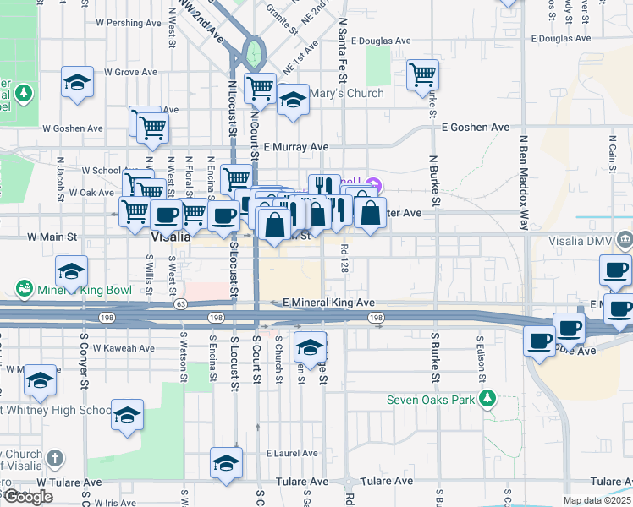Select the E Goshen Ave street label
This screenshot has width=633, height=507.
[476, 127]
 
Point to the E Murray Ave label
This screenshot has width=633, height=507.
[294, 147]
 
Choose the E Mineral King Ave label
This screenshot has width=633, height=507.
[328, 303]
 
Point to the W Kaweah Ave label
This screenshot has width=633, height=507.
[124, 348]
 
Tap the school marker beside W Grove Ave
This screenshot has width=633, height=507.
[77, 82]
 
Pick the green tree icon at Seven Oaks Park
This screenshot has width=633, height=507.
[487, 397]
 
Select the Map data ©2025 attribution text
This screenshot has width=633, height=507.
[597, 500]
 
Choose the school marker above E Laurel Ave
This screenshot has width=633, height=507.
[226, 462]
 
